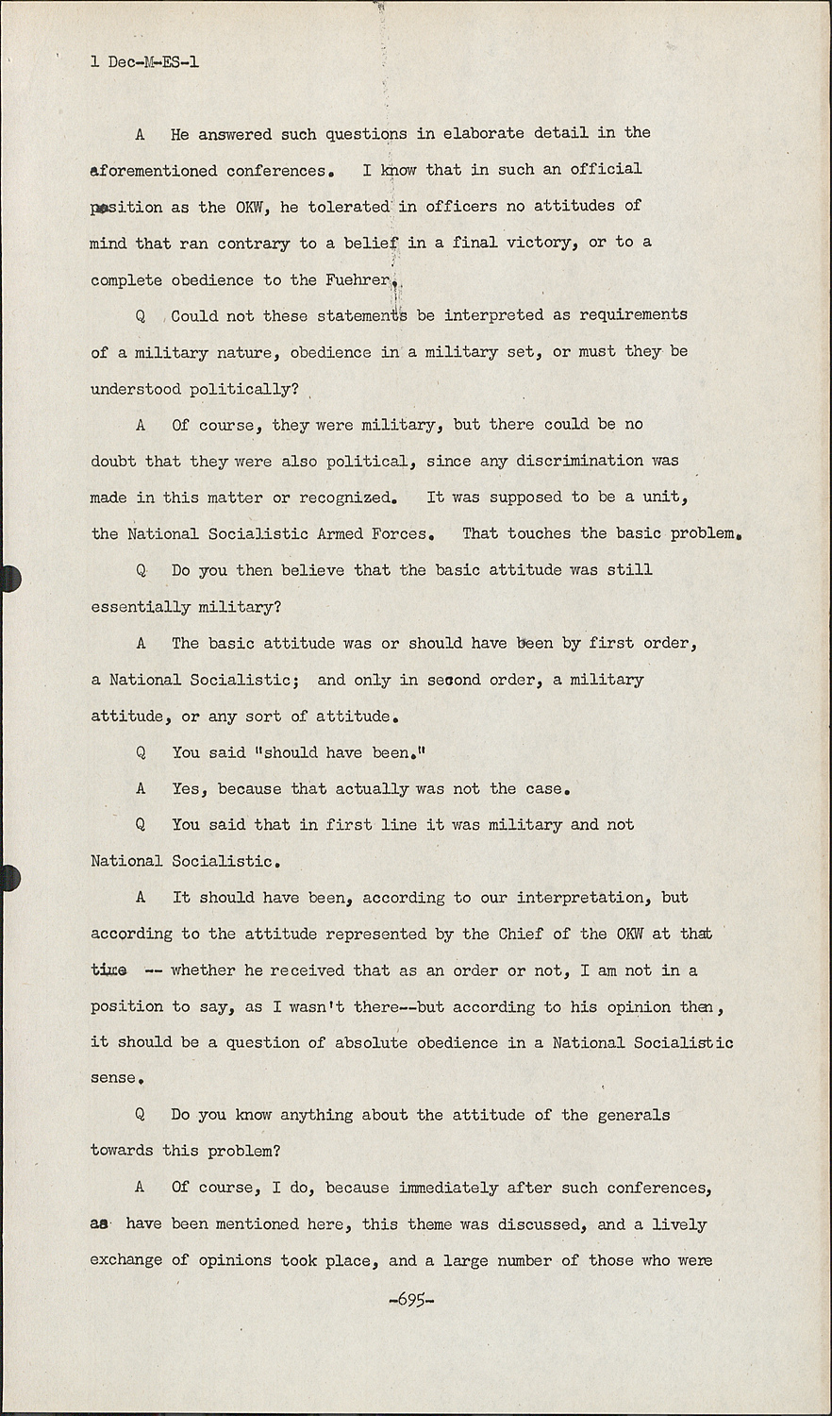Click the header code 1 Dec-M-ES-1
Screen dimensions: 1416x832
pyautogui.click(x=144, y=63)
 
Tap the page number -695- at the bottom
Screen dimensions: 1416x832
pyautogui.click(x=410, y=1298)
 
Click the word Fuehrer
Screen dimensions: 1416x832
pyautogui.click(x=358, y=279)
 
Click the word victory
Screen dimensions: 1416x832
pyautogui.click(x=542, y=243)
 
